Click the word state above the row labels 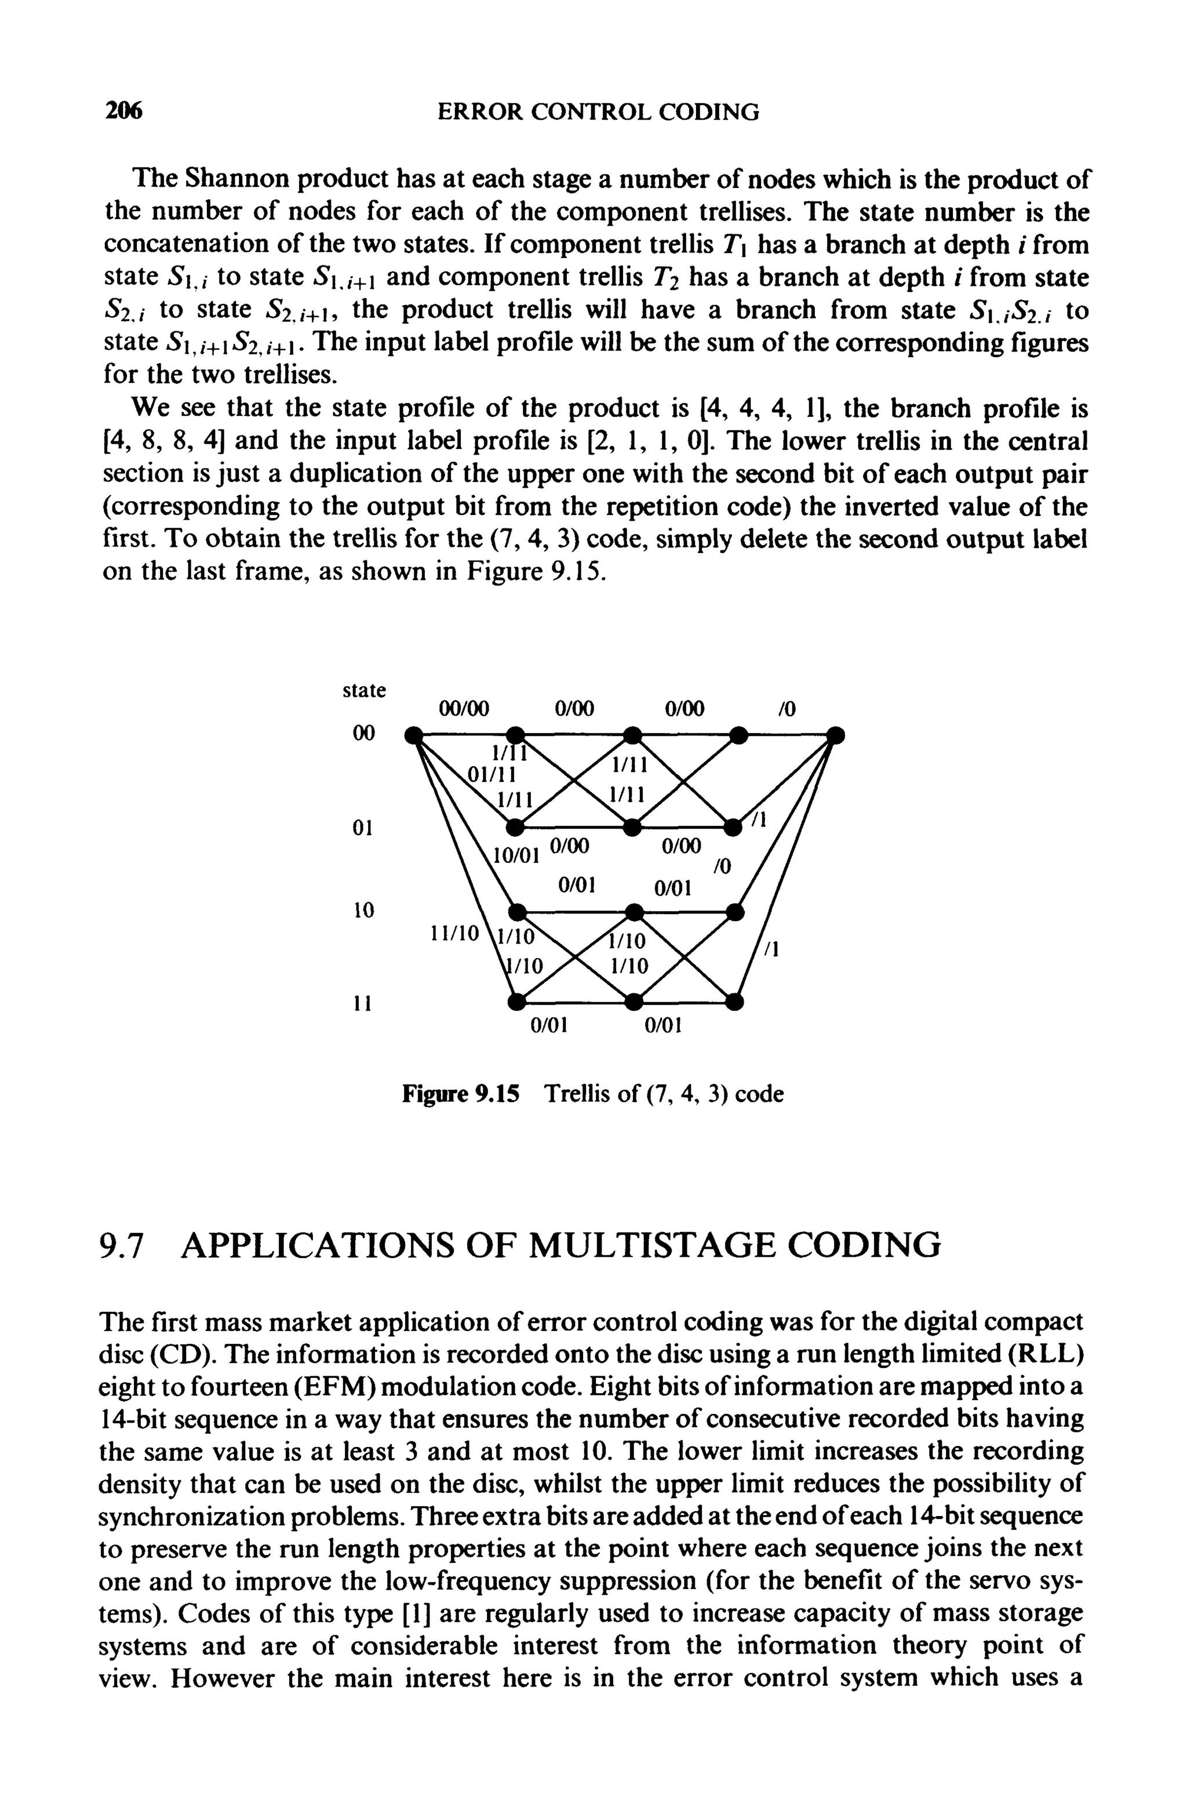(364, 690)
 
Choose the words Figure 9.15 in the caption (461, 1094)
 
